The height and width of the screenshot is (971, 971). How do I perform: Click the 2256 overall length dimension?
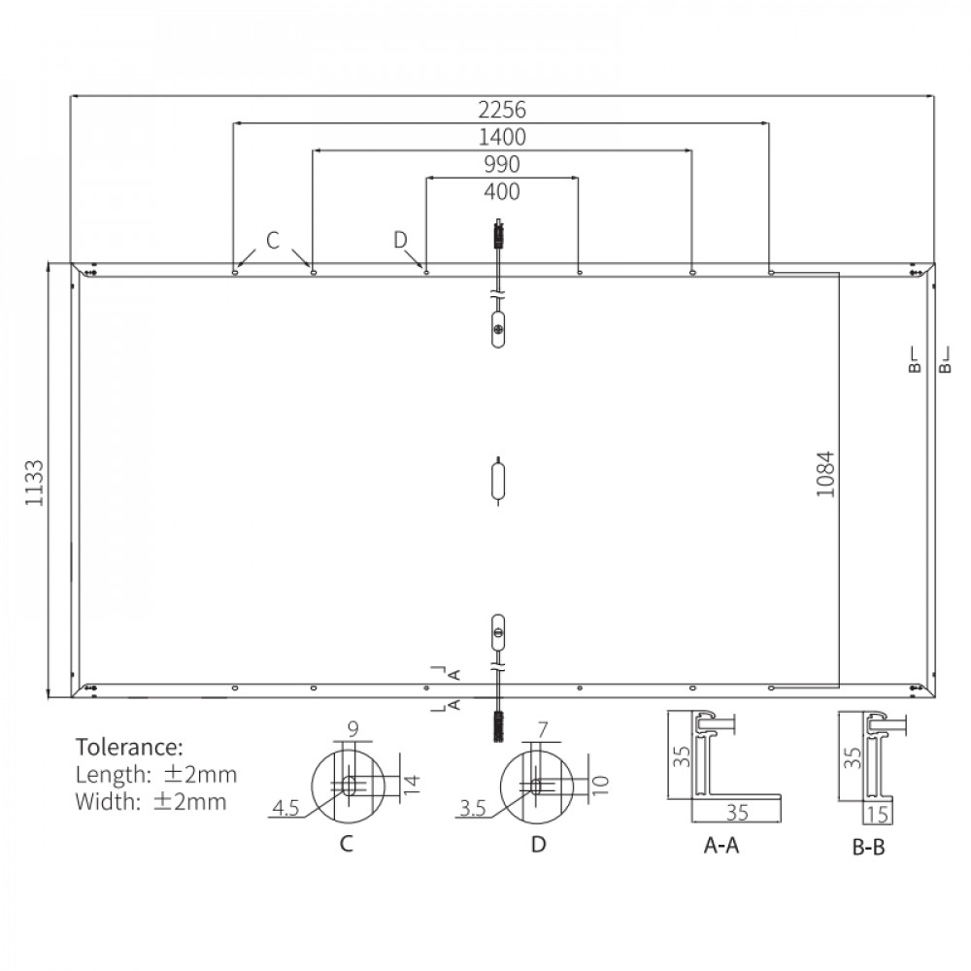(502, 110)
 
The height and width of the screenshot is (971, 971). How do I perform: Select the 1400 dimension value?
(502, 137)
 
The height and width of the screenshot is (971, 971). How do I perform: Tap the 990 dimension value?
(502, 164)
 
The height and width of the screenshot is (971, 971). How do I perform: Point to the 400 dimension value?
(502, 191)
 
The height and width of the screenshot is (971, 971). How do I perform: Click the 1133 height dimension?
(35, 483)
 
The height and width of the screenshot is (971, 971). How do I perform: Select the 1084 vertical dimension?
(825, 475)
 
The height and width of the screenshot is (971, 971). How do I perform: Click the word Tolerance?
(129, 747)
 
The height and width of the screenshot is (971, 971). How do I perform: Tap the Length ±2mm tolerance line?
(156, 774)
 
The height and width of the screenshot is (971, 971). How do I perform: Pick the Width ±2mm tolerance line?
(151, 801)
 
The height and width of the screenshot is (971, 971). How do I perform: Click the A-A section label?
(721, 845)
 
